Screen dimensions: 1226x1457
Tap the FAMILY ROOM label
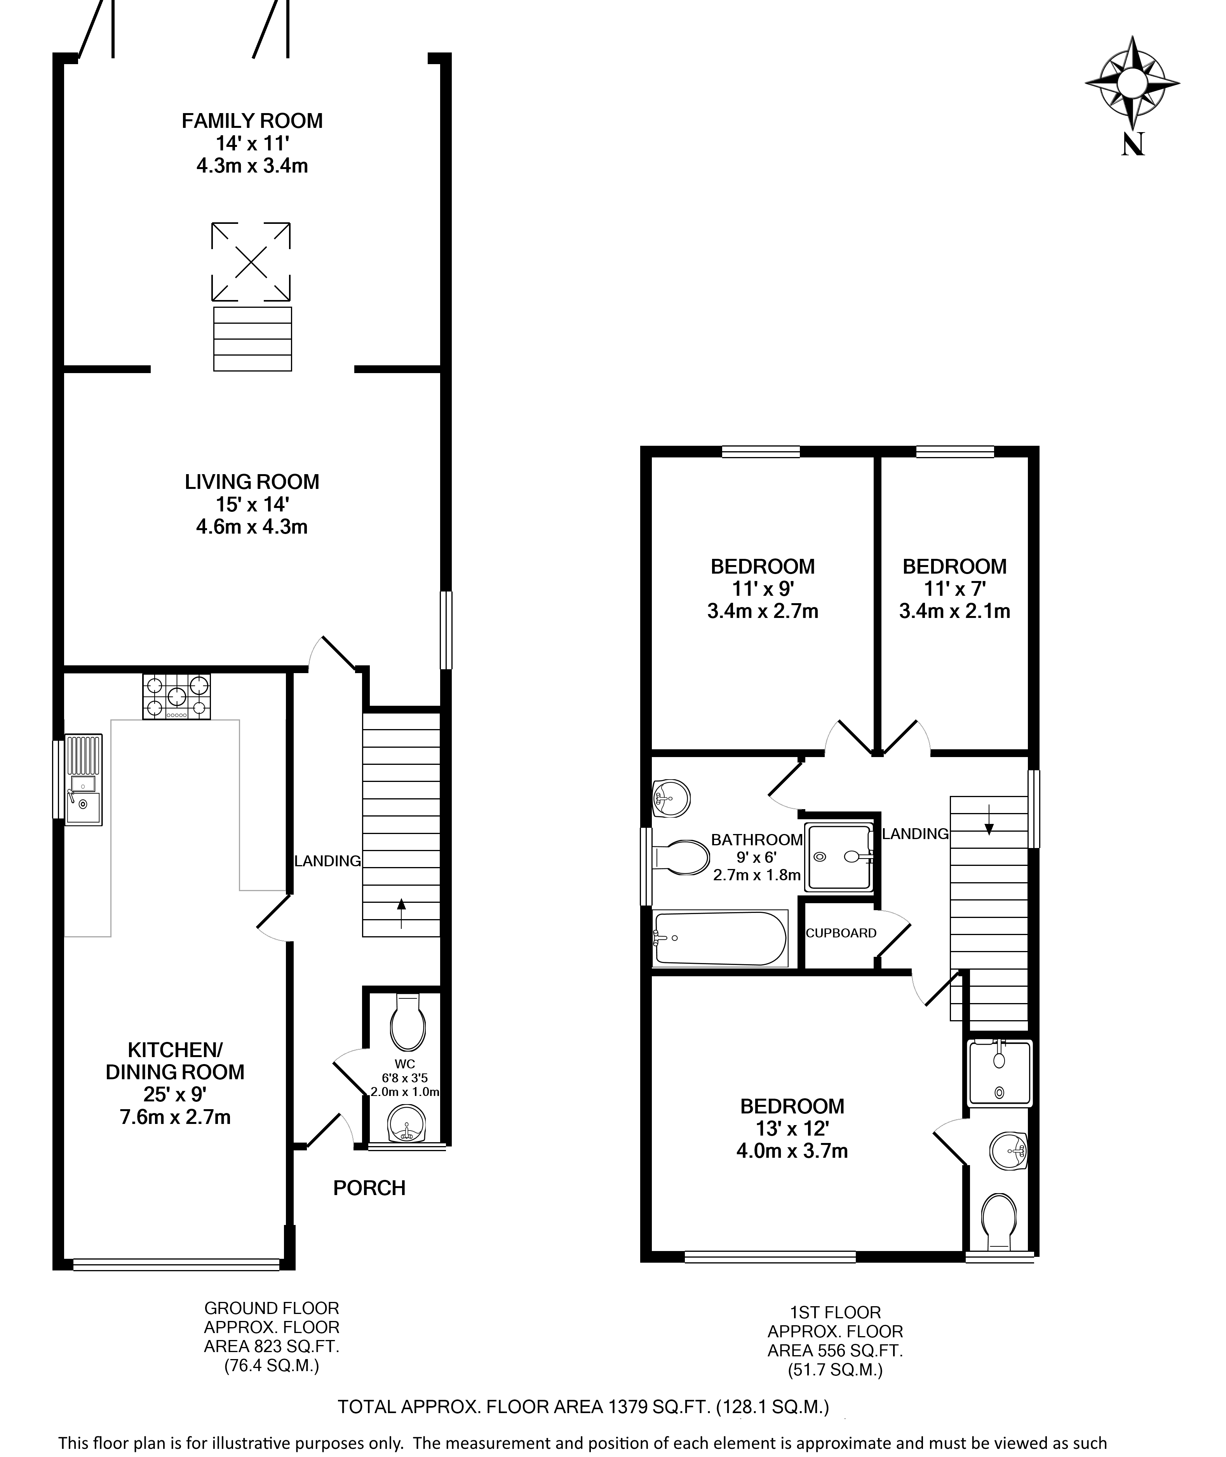tap(252, 121)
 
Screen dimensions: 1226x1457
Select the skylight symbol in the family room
tap(251, 262)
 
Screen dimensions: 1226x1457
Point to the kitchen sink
tap(84, 780)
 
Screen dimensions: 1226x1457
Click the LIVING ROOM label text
tap(252, 482)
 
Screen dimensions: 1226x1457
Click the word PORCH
tap(369, 1188)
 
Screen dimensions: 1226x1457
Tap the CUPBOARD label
tap(841, 933)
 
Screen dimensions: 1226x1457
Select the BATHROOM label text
tap(757, 840)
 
